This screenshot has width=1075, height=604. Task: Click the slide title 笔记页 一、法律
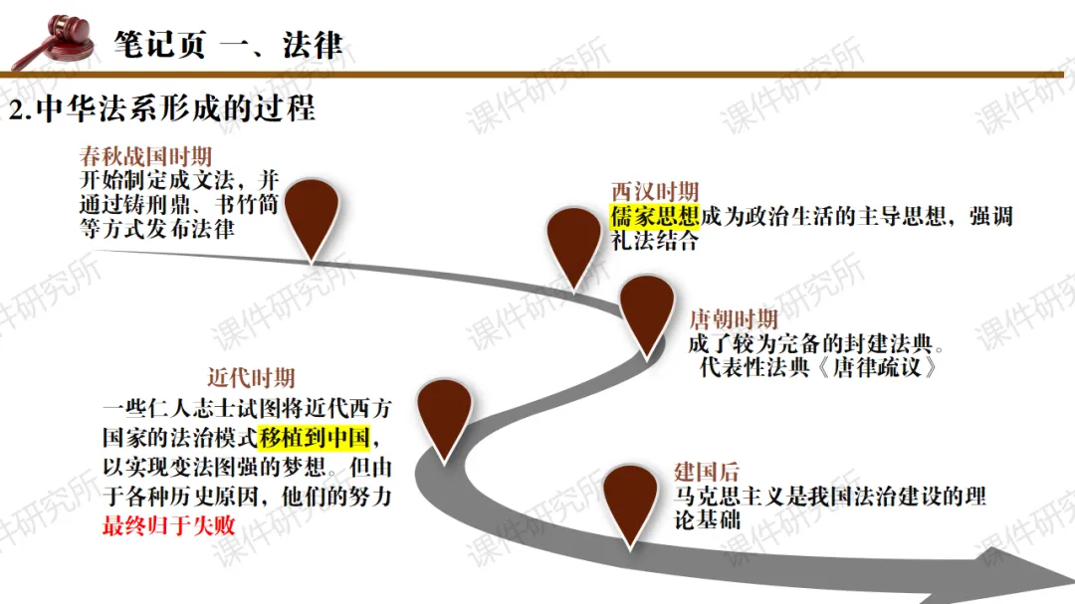coord(228,44)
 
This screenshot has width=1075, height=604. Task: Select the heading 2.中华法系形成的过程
coord(162,107)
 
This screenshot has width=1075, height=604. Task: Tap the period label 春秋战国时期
coord(145,157)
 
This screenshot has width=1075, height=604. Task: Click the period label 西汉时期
coord(654,192)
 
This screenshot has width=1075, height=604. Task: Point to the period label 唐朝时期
coord(734,319)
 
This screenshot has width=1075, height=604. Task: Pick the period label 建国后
coord(706,472)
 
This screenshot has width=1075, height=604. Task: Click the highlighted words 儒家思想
coord(655,216)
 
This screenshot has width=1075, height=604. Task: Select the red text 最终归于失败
coord(168,524)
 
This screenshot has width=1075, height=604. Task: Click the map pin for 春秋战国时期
coord(312,214)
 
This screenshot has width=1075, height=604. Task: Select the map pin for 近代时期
coord(444,415)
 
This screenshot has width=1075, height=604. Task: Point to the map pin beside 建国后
coord(633,503)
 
